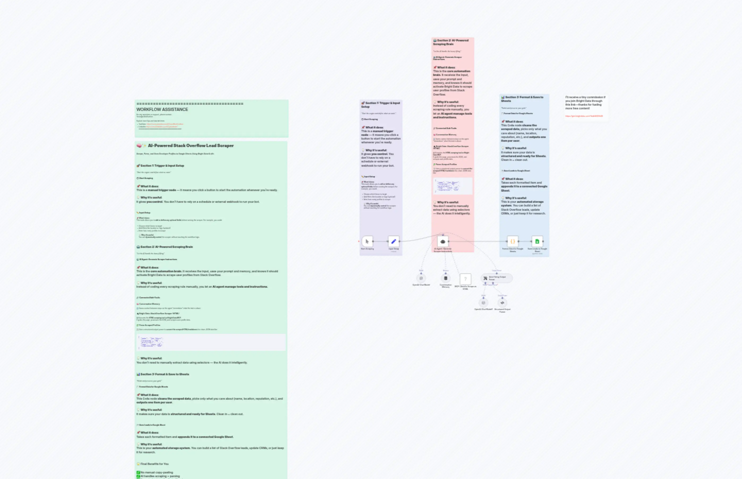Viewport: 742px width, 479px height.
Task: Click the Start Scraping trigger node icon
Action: click(367, 241)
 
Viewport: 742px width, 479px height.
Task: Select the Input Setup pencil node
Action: click(393, 241)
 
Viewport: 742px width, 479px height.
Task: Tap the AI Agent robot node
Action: click(443, 241)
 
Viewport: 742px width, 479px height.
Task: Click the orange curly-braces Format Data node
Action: click(513, 241)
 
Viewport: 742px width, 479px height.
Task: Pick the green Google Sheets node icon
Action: click(537, 241)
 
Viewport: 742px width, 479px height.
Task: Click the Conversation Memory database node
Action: click(445, 278)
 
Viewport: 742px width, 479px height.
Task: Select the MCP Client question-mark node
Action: click(465, 279)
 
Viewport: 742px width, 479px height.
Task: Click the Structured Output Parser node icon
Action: click(502, 303)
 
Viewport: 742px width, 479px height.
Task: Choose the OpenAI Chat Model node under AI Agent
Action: click(421, 278)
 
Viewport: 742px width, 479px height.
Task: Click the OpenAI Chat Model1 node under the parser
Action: click(483, 303)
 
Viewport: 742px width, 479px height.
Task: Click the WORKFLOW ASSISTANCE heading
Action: click(162, 110)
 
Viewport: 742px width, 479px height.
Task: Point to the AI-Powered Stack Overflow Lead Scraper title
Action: click(190, 146)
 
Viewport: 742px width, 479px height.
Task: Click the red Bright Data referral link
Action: click(584, 116)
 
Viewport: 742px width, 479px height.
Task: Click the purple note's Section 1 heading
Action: click(380, 105)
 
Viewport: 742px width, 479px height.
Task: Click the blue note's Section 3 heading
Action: click(522, 99)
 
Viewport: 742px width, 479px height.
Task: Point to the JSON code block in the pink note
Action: click(453, 186)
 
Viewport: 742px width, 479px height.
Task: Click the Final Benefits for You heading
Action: click(154, 464)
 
